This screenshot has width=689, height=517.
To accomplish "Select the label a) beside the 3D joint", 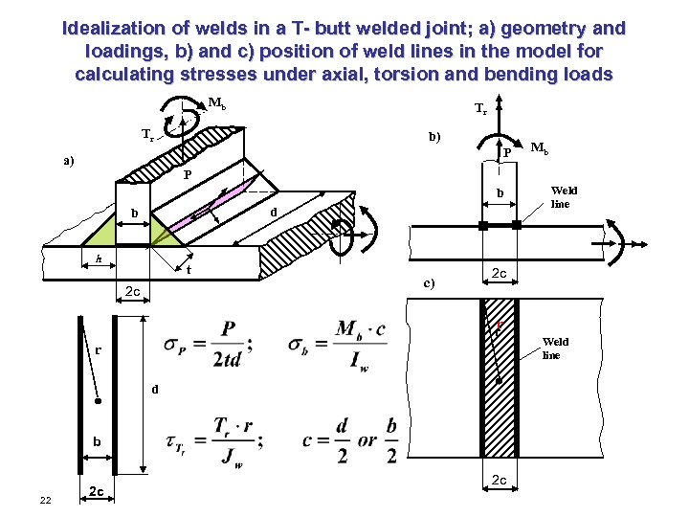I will (x=68, y=161).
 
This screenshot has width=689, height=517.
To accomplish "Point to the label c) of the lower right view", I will (x=430, y=282).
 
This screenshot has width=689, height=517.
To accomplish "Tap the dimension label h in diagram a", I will (x=99, y=259).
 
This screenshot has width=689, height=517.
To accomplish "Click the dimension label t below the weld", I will (x=189, y=271).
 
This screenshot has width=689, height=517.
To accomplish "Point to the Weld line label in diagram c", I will (x=555, y=348).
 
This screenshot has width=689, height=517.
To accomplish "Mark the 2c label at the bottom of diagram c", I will (x=500, y=480).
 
